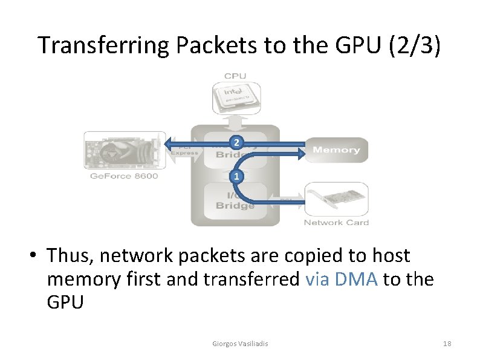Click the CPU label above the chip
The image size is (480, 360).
point(235,76)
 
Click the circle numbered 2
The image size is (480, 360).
point(237,142)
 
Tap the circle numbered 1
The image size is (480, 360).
point(237,177)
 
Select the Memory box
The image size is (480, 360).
point(337,149)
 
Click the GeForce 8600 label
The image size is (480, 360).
point(123,176)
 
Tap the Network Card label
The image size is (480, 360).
point(336,223)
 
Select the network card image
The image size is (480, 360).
point(336,200)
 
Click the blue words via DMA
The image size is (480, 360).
point(343,279)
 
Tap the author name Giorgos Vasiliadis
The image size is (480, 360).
point(241,344)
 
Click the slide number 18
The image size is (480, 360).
point(447,344)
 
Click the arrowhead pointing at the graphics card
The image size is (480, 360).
point(168,142)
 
